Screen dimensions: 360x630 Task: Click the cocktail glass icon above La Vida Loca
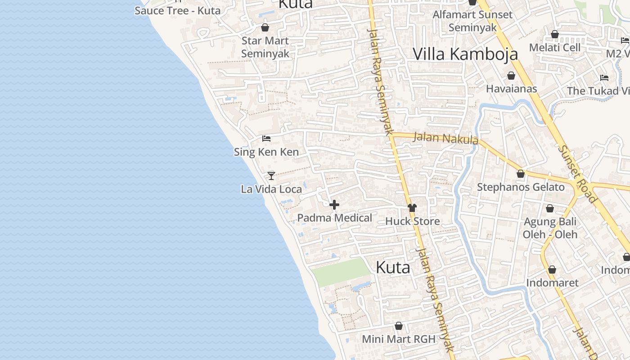[271, 175]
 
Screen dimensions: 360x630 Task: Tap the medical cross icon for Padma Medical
[334, 205]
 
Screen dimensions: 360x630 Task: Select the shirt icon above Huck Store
[412, 207]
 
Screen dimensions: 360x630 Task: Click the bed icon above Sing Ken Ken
[266, 139]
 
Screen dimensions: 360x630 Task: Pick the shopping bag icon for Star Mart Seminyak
[265, 27]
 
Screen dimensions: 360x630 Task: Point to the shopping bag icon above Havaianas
[511, 76]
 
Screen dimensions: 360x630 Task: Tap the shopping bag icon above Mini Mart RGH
[399, 326]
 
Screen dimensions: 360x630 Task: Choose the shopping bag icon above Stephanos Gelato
[521, 174]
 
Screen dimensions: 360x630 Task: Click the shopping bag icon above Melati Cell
[555, 34]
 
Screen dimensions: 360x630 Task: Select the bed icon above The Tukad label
[604, 78]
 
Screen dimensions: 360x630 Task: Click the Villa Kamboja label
[465, 54]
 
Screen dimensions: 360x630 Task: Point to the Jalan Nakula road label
[445, 138]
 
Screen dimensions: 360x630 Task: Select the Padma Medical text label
[334, 218]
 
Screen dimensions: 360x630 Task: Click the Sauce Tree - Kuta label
[177, 10]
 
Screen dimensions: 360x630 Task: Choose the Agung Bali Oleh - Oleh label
[550, 228]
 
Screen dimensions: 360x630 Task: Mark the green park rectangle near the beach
[342, 272]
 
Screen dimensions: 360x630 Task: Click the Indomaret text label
[552, 283]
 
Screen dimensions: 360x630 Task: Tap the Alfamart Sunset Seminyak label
[472, 21]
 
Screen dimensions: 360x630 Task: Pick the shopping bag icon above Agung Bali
[549, 208]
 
